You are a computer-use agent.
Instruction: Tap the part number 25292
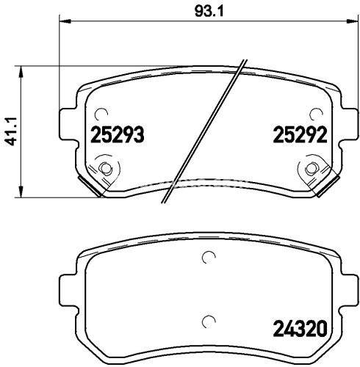coord(299,135)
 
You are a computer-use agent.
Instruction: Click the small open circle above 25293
coord(101,114)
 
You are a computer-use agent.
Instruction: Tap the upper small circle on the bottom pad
coord(208,258)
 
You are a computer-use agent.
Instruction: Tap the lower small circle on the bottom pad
coord(208,320)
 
